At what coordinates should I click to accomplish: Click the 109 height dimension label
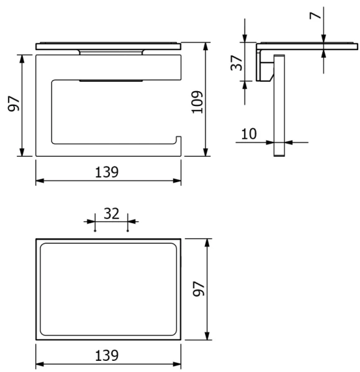197,102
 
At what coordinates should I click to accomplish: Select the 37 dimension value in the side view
236,63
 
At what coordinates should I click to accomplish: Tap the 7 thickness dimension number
315,15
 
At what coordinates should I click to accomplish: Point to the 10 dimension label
249,134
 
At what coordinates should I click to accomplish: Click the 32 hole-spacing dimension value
111,213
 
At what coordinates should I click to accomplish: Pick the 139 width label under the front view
107,172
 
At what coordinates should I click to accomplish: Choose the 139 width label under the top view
107,356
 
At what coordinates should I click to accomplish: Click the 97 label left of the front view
13,104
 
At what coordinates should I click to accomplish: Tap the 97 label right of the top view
199,289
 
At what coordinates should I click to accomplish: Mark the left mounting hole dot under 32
95,231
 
